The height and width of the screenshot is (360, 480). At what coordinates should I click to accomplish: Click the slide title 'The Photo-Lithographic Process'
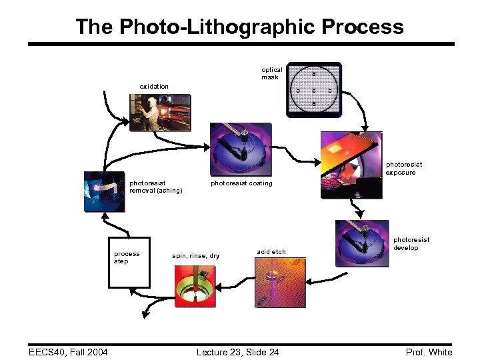(x=239, y=27)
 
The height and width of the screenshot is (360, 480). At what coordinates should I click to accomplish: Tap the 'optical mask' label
(x=271, y=73)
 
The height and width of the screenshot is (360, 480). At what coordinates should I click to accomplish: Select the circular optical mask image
(x=313, y=90)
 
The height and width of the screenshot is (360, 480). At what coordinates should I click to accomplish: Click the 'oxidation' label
(x=154, y=87)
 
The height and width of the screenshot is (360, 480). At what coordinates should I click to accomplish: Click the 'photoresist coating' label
(x=241, y=183)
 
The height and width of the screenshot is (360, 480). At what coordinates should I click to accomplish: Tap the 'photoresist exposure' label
(x=404, y=169)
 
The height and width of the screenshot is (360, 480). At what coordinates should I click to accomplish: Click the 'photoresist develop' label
(x=411, y=243)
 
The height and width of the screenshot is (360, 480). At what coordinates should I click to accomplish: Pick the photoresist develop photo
(x=362, y=244)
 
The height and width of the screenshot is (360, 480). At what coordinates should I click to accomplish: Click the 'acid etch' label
(x=271, y=251)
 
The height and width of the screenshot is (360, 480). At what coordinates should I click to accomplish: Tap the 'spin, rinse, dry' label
(x=195, y=256)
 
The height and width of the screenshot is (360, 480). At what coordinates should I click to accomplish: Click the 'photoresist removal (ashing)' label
(x=155, y=187)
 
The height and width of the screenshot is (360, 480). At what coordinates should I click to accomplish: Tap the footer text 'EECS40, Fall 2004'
(x=64, y=352)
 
